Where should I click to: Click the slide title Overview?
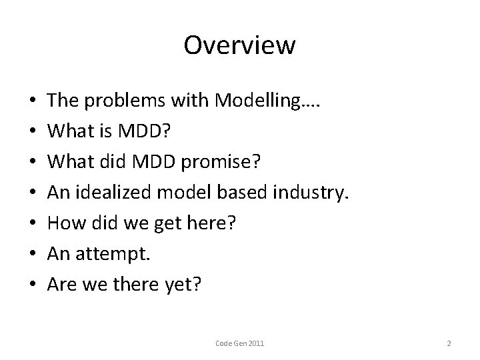pyautogui.click(x=239, y=45)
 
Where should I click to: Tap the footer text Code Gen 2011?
pyautogui.click(x=240, y=343)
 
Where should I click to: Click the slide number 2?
pyautogui.click(x=449, y=343)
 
